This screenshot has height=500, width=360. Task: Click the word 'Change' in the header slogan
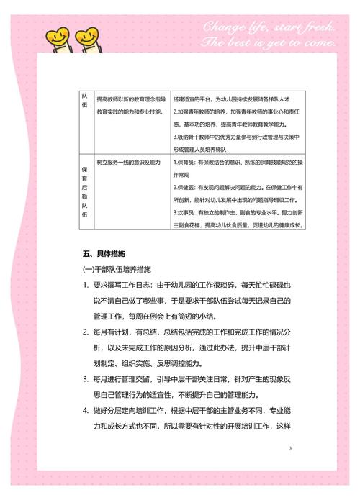tap(225, 28)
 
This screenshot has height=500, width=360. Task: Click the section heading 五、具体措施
tap(104, 254)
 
